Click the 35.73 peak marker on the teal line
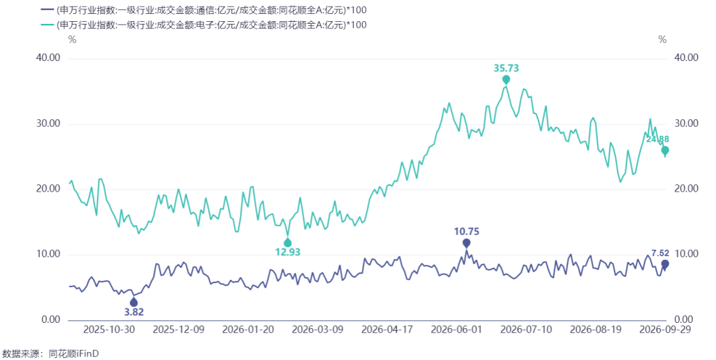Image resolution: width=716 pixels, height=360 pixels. (x=506, y=80)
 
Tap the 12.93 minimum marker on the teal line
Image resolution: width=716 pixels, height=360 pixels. (x=288, y=243)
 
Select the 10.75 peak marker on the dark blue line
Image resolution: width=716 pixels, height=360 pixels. (x=466, y=243)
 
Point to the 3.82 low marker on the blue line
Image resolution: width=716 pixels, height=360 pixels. (x=133, y=302)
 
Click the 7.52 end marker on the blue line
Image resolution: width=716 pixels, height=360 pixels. (x=665, y=264)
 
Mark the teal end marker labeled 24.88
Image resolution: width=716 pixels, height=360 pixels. (x=665, y=150)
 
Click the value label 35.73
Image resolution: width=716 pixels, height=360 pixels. (x=506, y=68)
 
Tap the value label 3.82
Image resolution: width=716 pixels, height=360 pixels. (x=134, y=312)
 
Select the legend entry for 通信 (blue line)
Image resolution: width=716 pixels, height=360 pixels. (x=204, y=10)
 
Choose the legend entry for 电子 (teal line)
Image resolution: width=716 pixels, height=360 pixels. (x=204, y=25)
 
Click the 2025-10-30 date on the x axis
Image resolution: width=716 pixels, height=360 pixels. (x=109, y=330)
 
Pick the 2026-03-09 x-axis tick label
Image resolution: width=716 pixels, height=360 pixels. (x=318, y=330)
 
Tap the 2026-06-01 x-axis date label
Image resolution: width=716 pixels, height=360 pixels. (x=456, y=330)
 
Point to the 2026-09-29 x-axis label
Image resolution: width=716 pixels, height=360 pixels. (x=665, y=330)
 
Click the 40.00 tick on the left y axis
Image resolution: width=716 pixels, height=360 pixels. (x=48, y=58)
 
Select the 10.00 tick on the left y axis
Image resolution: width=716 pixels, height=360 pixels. (x=48, y=254)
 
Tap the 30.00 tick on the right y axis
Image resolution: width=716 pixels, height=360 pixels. (x=686, y=123)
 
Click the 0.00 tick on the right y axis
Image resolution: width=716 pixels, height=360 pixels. (x=684, y=320)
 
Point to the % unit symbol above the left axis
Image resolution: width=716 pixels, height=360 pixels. (x=72, y=40)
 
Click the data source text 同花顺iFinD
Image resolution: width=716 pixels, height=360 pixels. (x=74, y=353)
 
